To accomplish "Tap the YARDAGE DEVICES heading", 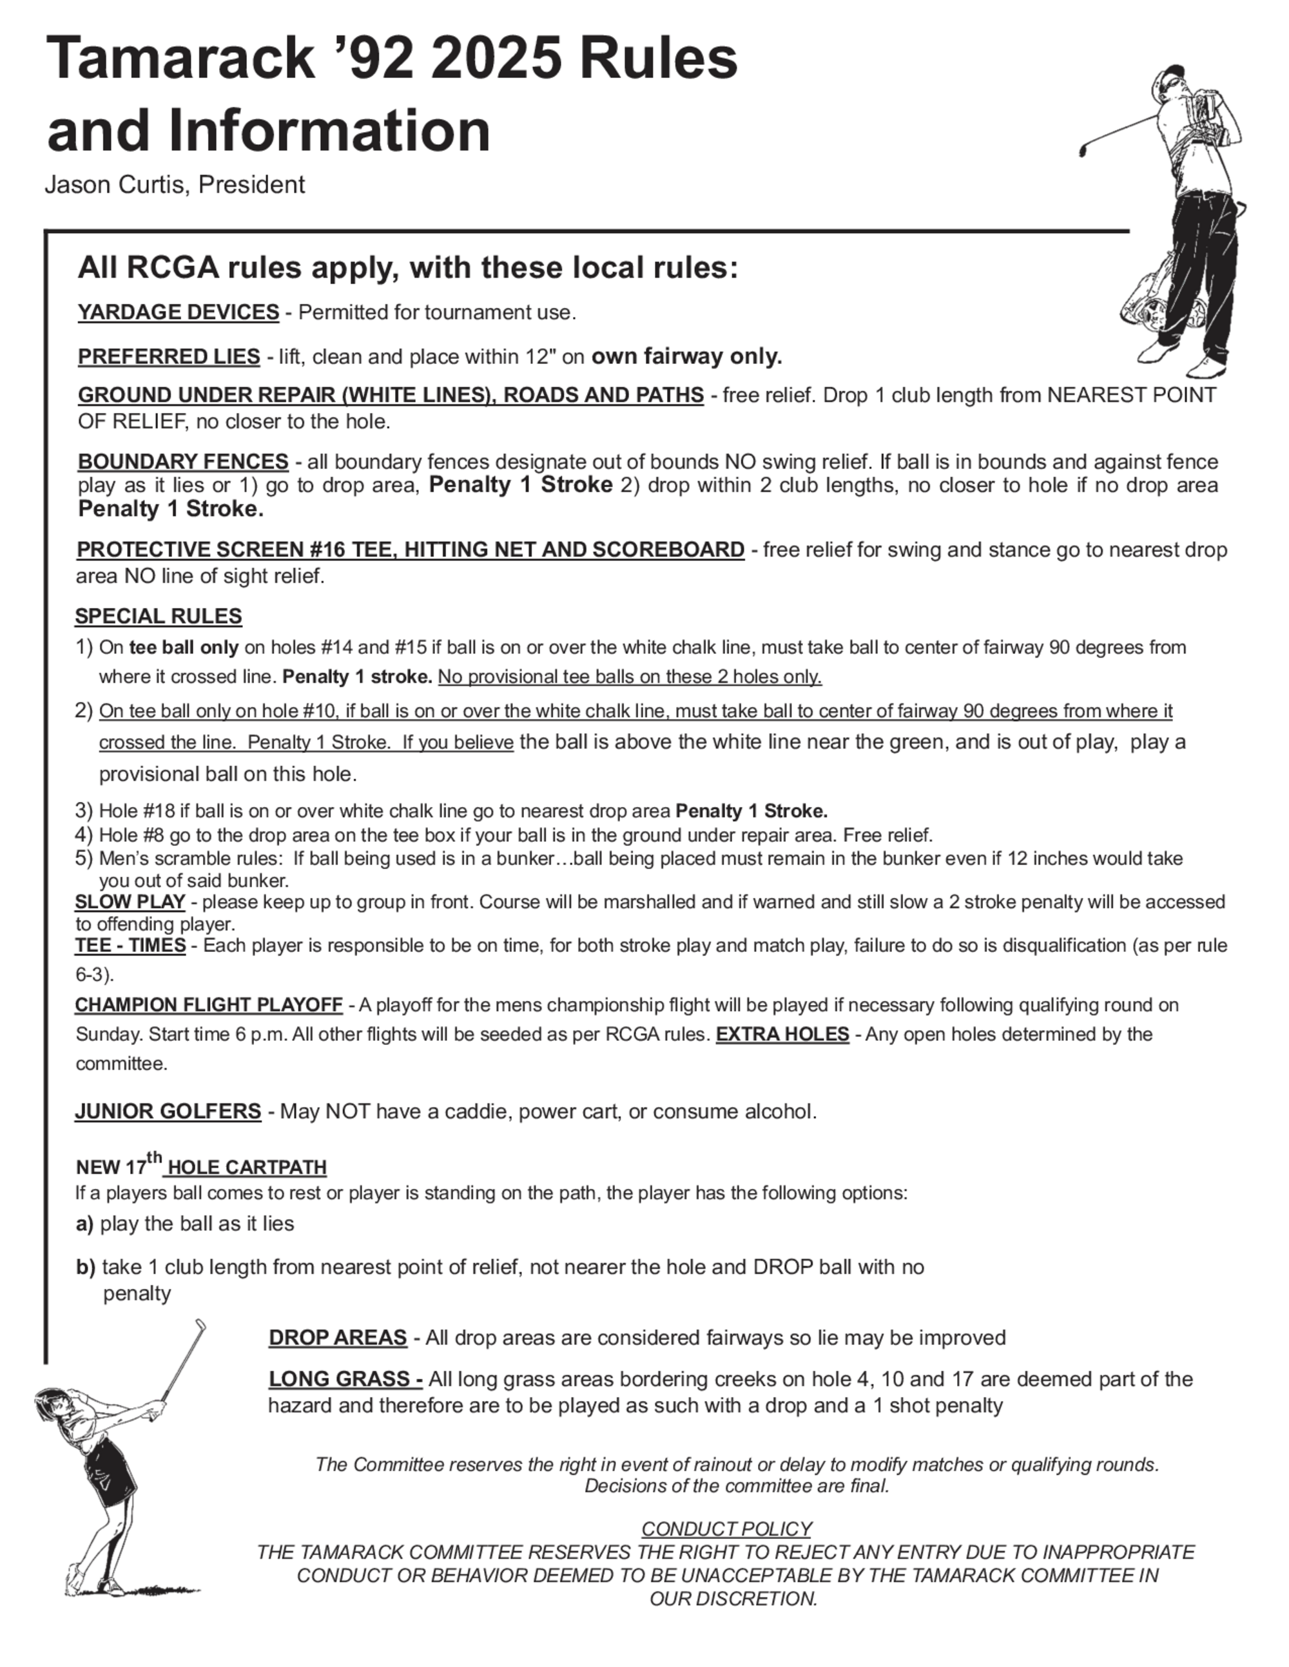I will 178,312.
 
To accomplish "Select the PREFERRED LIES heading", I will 169,356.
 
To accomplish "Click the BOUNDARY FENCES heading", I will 182,462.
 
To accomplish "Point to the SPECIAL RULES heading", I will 158,616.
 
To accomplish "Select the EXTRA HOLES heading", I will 782,1034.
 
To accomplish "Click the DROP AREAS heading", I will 338,1337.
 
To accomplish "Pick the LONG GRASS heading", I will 345,1378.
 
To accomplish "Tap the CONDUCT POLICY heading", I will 726,1529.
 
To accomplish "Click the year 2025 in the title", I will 497,59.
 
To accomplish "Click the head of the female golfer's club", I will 201,1326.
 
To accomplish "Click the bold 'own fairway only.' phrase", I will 686,356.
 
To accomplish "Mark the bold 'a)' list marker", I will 84,1224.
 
